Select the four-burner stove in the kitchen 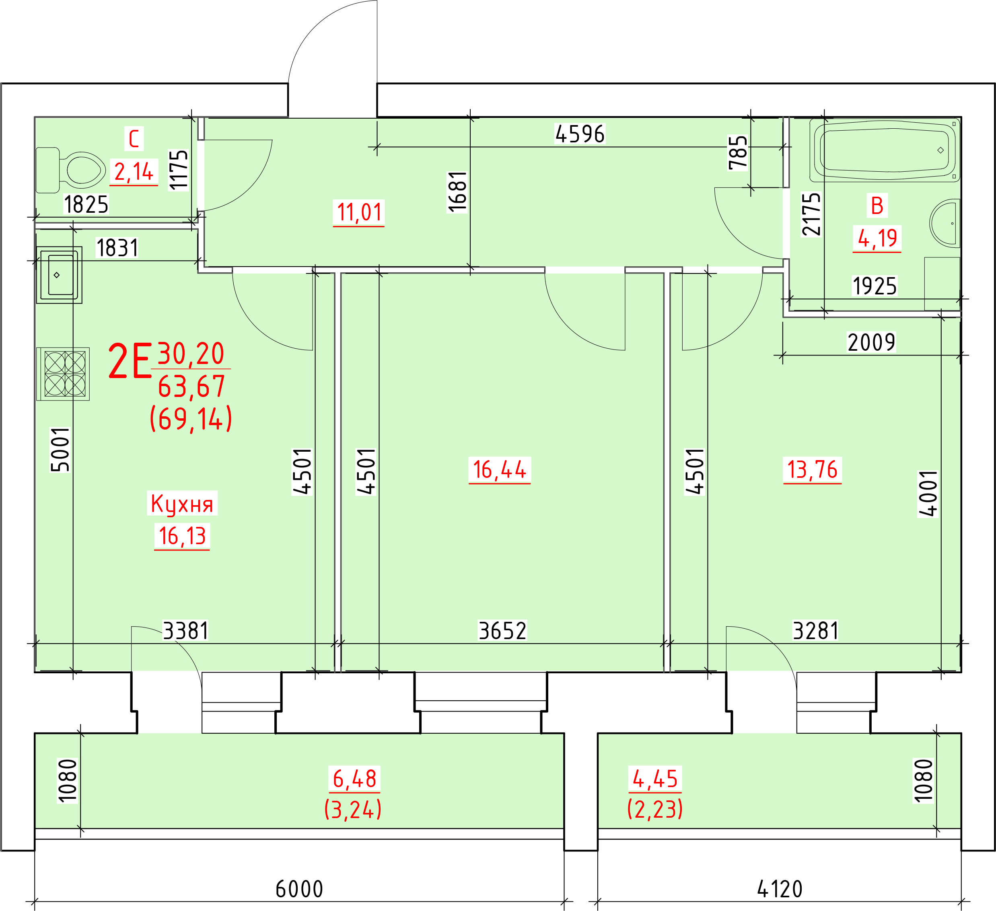(x=63, y=374)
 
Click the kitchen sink (x=59, y=275)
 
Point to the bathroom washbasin (x=945, y=223)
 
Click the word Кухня (x=182, y=504)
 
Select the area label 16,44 (x=500, y=469)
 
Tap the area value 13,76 (x=812, y=469)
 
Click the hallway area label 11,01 (x=359, y=212)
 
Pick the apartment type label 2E (x=130, y=362)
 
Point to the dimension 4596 (x=580, y=134)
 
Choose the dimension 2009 (x=871, y=342)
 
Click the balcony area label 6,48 (x=355, y=779)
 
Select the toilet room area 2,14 (x=134, y=172)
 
